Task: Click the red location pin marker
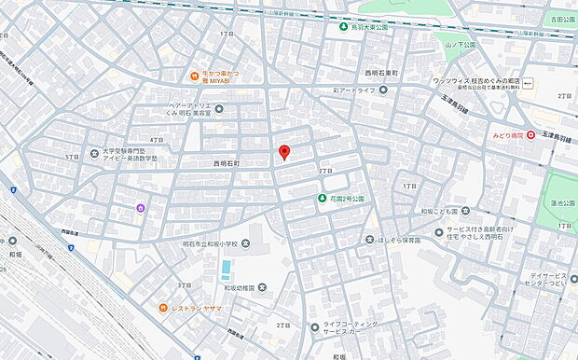285,153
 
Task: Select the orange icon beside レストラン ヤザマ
161,307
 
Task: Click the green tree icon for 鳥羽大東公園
342,27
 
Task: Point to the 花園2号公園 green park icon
320,198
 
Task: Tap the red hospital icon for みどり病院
530,135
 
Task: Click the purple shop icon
141,207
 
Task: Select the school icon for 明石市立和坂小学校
245,244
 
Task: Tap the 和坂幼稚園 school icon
262,286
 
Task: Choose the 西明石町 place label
220,163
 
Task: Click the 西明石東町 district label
383,73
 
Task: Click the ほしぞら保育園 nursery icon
369,240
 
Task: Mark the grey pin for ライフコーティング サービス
314,326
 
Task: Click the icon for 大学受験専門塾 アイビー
94,153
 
